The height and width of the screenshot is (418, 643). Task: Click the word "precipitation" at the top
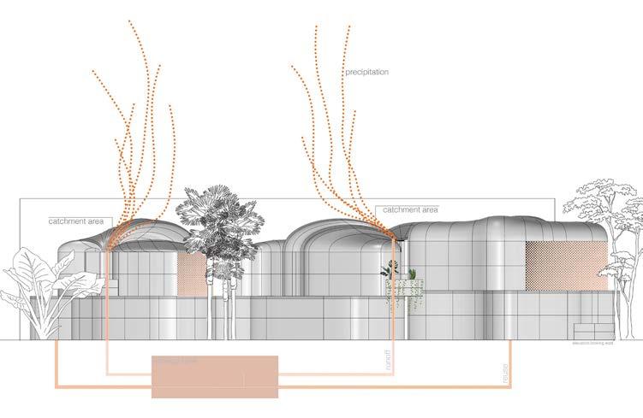tap(367, 73)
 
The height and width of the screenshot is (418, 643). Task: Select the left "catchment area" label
tap(76, 221)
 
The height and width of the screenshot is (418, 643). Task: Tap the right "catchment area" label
tap(410, 209)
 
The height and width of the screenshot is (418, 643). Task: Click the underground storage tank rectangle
tap(214, 376)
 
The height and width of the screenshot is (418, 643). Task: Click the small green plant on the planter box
tap(412, 274)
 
